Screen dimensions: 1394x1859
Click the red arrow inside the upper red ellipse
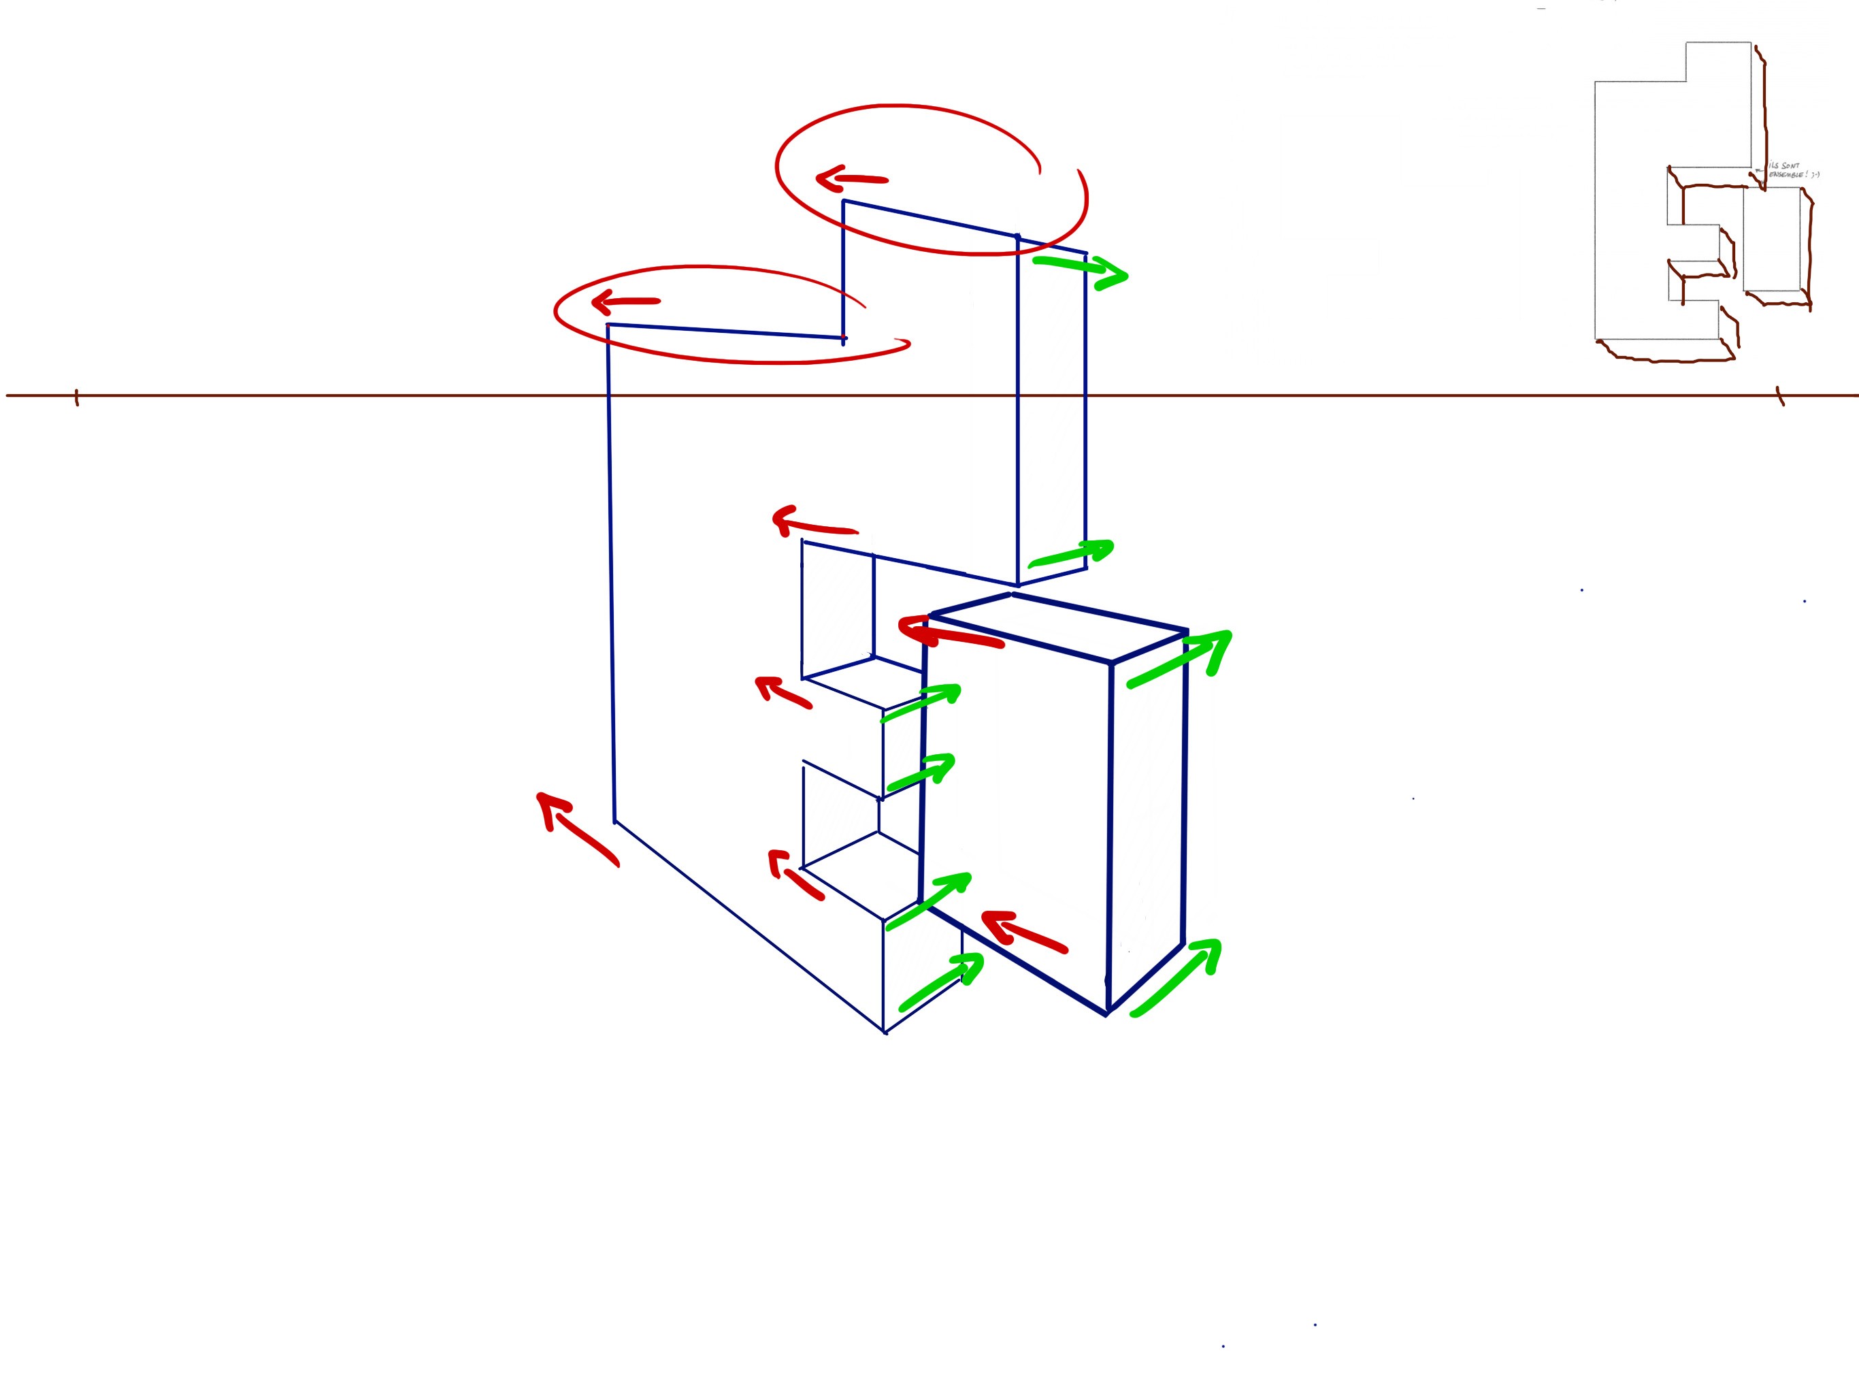click(x=851, y=178)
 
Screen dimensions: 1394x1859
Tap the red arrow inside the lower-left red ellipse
click(x=625, y=301)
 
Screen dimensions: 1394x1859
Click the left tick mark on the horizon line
click(x=76, y=397)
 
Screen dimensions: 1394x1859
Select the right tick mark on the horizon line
click(x=1779, y=396)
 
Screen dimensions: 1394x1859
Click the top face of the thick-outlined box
click(x=1059, y=627)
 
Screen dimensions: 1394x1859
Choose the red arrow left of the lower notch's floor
click(x=793, y=875)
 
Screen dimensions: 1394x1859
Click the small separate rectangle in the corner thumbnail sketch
click(x=1773, y=240)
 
